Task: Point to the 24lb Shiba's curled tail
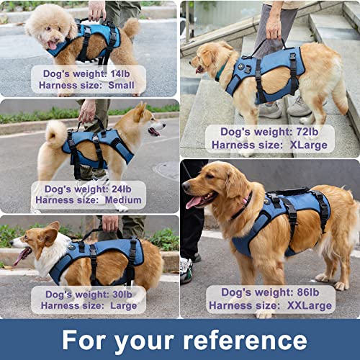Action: [x=55, y=133]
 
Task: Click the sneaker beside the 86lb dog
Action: [x=186, y=270]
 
